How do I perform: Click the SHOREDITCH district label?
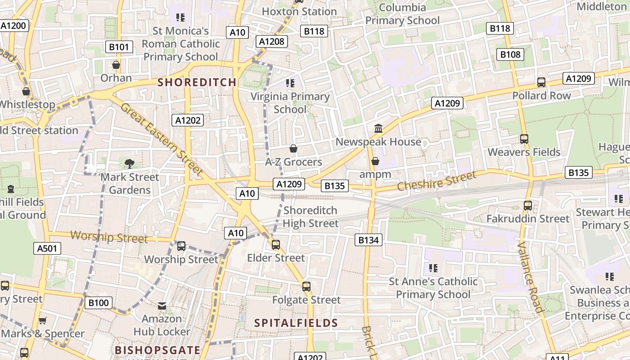pyautogui.click(x=197, y=82)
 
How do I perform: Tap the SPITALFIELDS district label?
pyautogui.click(x=296, y=323)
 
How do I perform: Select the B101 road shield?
pyautogui.click(x=119, y=47)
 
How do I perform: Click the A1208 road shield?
pyautogui.click(x=272, y=42)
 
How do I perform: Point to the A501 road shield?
pyautogui.click(x=47, y=248)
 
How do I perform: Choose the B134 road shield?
pyautogui.click(x=369, y=240)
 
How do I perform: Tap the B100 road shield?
pyautogui.click(x=98, y=303)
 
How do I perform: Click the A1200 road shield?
pyautogui.click(x=13, y=26)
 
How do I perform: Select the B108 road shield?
pyautogui.click(x=510, y=54)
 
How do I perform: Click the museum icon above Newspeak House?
pyautogui.click(x=378, y=129)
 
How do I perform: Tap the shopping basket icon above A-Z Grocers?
pyautogui.click(x=293, y=148)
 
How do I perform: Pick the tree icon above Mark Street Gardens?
pyautogui.click(x=130, y=163)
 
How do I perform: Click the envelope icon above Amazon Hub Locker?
pyautogui.click(x=162, y=306)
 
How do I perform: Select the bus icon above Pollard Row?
pyautogui.click(x=541, y=82)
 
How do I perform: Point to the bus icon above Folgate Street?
pyautogui.click(x=306, y=287)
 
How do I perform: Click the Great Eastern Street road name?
pyautogui.click(x=162, y=139)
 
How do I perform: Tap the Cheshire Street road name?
pyautogui.click(x=436, y=181)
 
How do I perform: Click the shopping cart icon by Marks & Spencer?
pyautogui.click(x=42, y=321)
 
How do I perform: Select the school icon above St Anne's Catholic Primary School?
pyautogui.click(x=433, y=268)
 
